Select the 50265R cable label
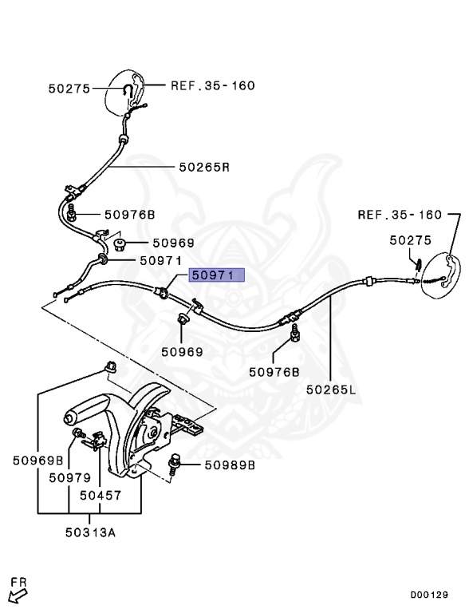(x=203, y=168)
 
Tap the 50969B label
(x=37, y=460)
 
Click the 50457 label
(x=100, y=496)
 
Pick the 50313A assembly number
(x=90, y=532)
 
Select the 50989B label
(x=230, y=465)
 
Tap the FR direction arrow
(x=17, y=591)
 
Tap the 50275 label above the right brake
(x=410, y=239)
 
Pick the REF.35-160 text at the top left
(x=213, y=85)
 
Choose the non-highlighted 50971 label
(x=161, y=260)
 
